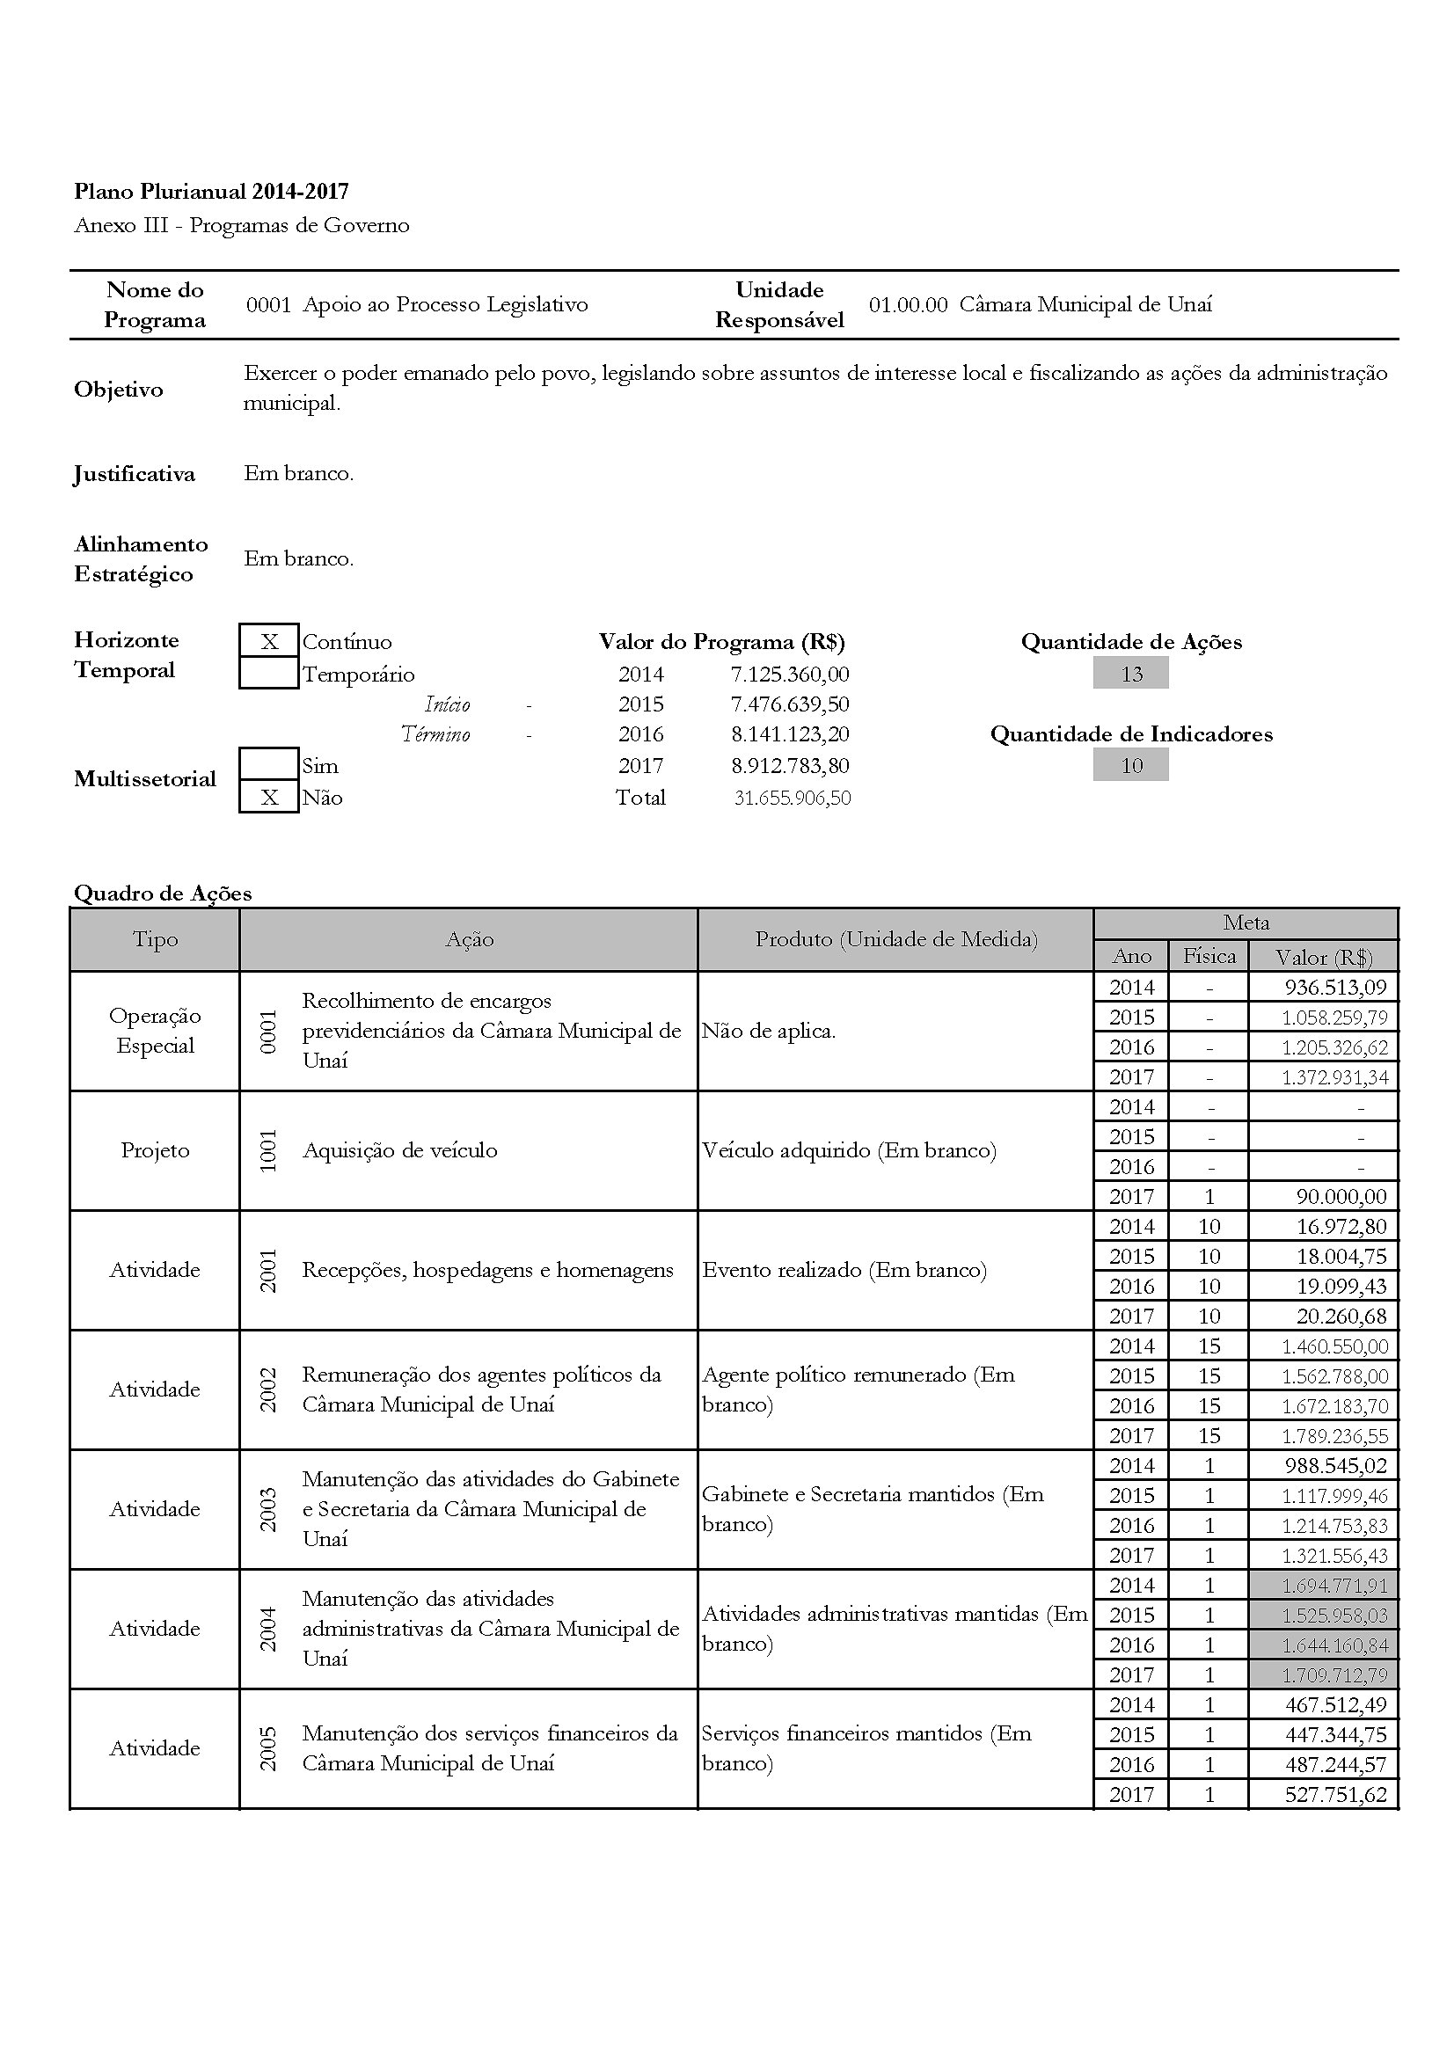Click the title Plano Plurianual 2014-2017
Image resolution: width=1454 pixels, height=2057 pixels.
click(211, 191)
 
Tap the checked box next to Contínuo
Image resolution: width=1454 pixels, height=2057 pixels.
click(269, 641)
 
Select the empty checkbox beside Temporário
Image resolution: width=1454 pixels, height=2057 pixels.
click(269, 673)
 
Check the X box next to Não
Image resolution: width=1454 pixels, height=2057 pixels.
click(269, 798)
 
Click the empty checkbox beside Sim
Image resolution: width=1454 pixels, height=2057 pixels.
click(269, 764)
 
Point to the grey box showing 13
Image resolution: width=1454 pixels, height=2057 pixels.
click(1130, 674)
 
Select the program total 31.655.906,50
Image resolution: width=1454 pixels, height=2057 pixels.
click(792, 798)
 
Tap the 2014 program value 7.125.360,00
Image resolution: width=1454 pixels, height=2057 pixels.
click(789, 674)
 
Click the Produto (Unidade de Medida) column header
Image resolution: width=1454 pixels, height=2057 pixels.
click(895, 939)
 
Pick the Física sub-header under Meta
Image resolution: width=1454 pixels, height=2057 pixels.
click(1209, 956)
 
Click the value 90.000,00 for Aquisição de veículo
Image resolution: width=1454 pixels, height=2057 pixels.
click(1341, 1196)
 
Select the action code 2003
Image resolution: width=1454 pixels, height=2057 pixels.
click(268, 1509)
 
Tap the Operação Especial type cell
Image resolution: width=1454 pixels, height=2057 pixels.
click(155, 1031)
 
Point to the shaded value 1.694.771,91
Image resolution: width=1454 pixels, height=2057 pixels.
click(1334, 1585)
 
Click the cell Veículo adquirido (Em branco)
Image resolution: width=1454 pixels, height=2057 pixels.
click(849, 1150)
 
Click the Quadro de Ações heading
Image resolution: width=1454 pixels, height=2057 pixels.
click(163, 894)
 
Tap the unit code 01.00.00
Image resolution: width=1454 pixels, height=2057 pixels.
click(908, 304)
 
